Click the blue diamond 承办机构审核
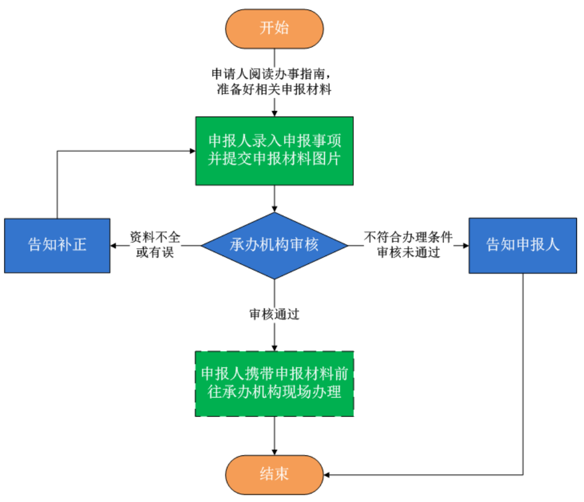pyautogui.click(x=274, y=246)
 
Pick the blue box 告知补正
pyautogui.click(x=57, y=246)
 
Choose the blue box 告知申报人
pyautogui.click(x=522, y=246)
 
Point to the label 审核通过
pyautogui.click(x=274, y=314)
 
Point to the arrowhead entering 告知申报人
pyautogui.click(x=465, y=246)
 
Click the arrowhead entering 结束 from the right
pyautogui.click(x=327, y=474)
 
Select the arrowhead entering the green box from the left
pyautogui.click(x=192, y=151)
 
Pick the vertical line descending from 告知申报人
pyautogui.click(x=522, y=371)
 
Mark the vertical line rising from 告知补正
pyautogui.click(x=57, y=185)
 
